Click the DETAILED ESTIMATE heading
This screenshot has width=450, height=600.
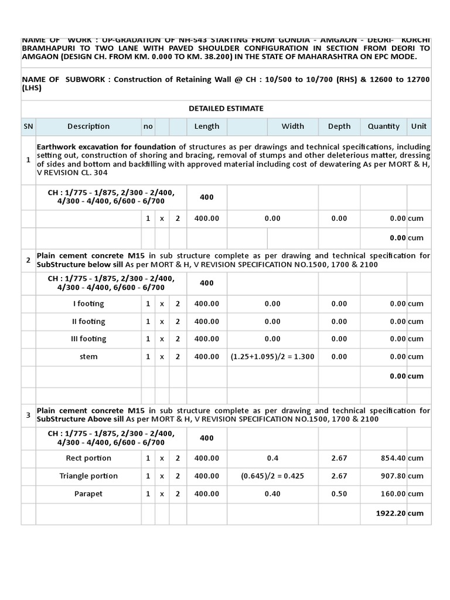click(x=226, y=108)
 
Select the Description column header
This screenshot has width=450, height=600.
click(x=88, y=126)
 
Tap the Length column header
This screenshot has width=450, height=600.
click(x=207, y=126)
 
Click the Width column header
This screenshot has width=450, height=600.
click(x=293, y=126)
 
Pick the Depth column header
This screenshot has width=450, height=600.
click(x=339, y=126)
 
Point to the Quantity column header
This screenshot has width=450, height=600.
click(x=384, y=126)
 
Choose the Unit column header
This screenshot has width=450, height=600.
click(x=419, y=126)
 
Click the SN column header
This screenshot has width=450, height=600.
click(x=28, y=126)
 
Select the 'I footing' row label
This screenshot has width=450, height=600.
click(x=88, y=304)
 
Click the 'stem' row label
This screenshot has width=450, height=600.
click(x=88, y=356)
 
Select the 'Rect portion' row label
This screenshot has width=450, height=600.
click(x=88, y=458)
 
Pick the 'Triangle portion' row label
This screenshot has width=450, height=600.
click(x=88, y=476)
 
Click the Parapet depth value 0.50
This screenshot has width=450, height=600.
click(x=339, y=494)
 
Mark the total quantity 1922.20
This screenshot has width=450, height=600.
click(x=391, y=513)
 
